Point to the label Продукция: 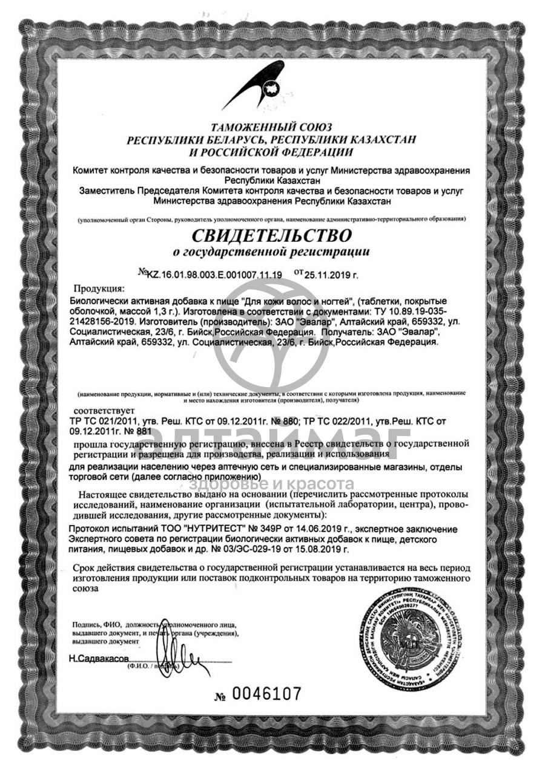click(x=99, y=289)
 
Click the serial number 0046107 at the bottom click(x=266, y=693)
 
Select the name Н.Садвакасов click(x=99, y=658)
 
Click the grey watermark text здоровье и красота click(x=272, y=484)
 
